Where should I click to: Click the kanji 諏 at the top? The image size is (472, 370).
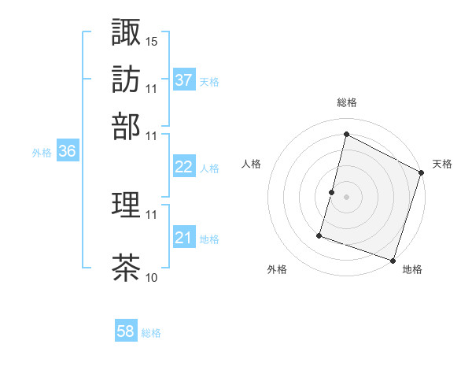(126, 32)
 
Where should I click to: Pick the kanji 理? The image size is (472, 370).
(126, 206)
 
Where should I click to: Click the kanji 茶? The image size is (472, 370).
(126, 268)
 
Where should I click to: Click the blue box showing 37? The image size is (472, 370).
(184, 80)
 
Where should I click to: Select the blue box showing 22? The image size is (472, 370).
(184, 167)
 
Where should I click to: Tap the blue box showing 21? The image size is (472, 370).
(184, 238)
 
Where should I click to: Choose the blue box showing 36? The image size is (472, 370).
(67, 152)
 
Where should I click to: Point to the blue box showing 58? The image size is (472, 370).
(126, 331)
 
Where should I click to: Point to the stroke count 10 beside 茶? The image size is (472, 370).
(152, 277)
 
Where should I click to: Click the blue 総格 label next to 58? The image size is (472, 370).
(151, 333)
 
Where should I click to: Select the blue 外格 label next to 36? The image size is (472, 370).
(42, 154)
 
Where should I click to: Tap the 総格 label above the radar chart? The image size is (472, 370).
(346, 102)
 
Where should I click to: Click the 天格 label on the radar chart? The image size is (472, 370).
(442, 164)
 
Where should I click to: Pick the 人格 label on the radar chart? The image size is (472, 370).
(252, 164)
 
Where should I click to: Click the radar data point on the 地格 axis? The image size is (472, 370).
(393, 260)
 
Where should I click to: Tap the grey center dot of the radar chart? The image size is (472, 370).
(346, 197)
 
